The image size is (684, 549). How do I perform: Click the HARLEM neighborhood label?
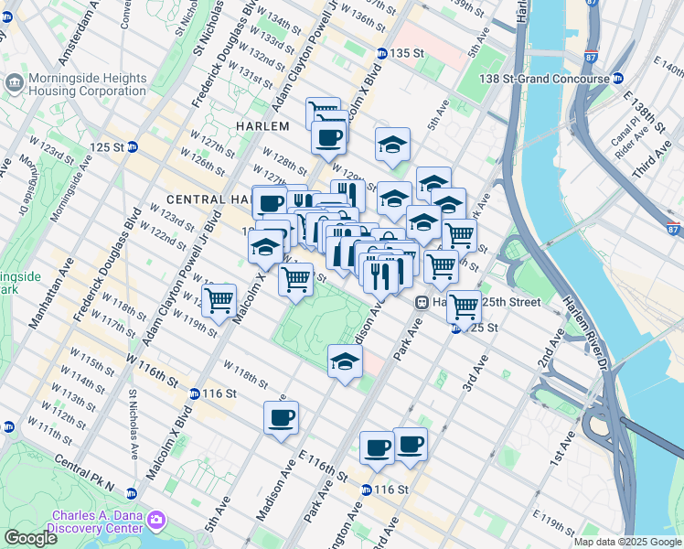click(262, 125)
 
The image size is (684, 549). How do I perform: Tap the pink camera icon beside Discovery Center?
click(157, 521)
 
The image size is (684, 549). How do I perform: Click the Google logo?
click(30, 538)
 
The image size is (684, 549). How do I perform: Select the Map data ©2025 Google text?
click(626, 542)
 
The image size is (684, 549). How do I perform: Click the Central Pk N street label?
click(89, 471)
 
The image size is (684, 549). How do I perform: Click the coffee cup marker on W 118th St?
click(281, 418)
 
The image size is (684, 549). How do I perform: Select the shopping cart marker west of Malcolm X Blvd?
click(219, 300)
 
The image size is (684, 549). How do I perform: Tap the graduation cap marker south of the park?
click(345, 361)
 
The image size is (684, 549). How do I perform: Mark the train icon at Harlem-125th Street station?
click(422, 302)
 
